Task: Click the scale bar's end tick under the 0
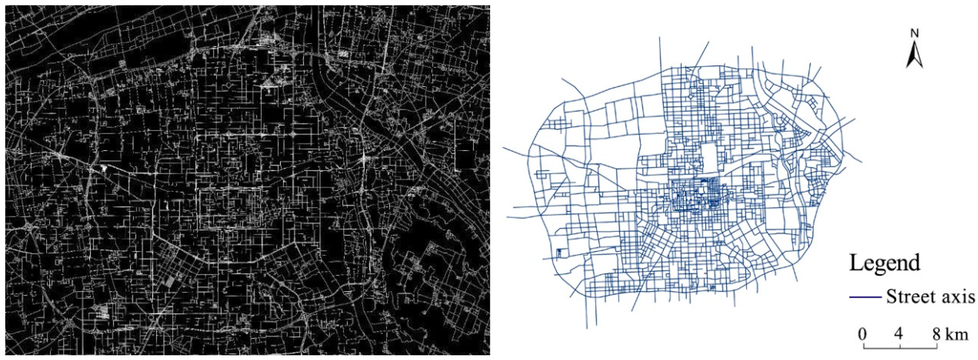[864, 346]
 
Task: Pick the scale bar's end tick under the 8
[937, 346]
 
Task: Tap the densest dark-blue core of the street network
[699, 196]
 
